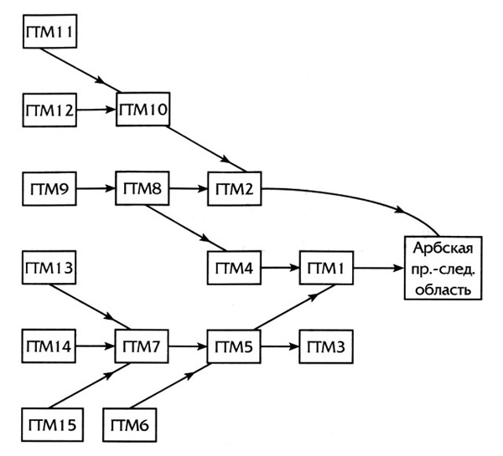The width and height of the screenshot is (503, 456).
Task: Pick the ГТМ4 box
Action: coord(233,269)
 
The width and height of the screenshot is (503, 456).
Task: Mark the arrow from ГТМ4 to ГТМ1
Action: coord(278,269)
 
